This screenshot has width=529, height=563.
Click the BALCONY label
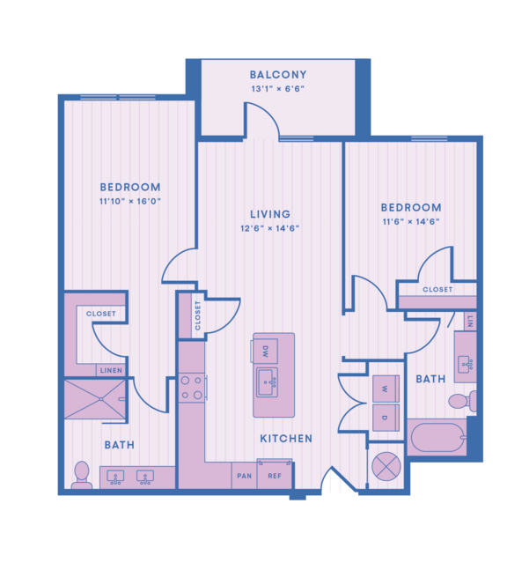click(278, 75)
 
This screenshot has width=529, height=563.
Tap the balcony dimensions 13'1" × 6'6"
click(278, 89)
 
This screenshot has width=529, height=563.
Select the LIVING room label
click(270, 214)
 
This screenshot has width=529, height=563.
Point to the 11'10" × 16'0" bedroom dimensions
click(130, 201)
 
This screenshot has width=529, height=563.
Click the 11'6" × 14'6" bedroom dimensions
click(411, 221)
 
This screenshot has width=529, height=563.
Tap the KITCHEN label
click(286, 439)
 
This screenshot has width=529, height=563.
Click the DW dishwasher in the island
click(265, 351)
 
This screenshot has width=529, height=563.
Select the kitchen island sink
click(268, 382)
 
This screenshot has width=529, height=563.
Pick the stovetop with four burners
click(192, 388)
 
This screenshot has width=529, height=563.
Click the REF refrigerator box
click(275, 474)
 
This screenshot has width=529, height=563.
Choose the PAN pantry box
click(244, 476)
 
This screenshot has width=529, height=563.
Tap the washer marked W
click(386, 389)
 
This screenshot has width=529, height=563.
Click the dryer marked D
click(386, 418)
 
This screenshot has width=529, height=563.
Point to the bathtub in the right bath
click(437, 437)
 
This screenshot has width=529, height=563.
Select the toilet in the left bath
click(82, 475)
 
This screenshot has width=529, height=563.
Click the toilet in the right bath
click(463, 401)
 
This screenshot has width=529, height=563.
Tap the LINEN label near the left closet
click(111, 371)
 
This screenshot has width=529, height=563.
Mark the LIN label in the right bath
click(471, 321)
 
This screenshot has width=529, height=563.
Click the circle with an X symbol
click(386, 467)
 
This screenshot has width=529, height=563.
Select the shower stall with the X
click(95, 399)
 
